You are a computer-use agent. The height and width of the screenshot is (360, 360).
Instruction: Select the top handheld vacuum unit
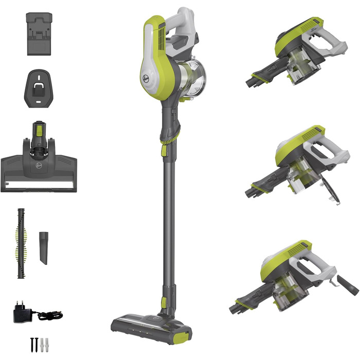(x=294, y=51)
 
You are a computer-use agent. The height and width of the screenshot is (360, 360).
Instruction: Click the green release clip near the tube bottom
(x=164, y=301)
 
